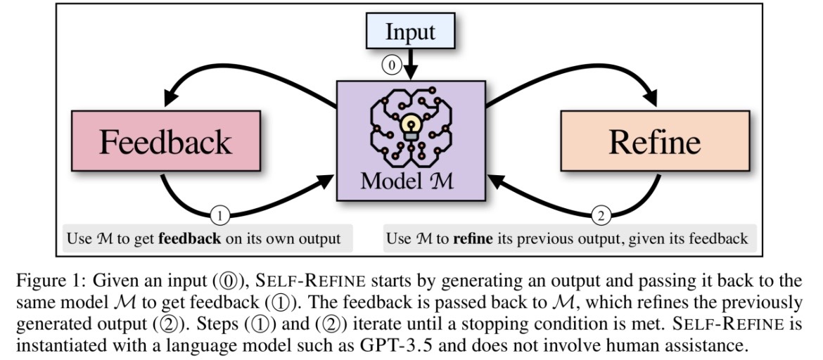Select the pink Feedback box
pos(165,143)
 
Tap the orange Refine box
pos(654,143)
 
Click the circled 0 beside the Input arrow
pos(392,65)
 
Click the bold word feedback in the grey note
pos(189,239)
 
